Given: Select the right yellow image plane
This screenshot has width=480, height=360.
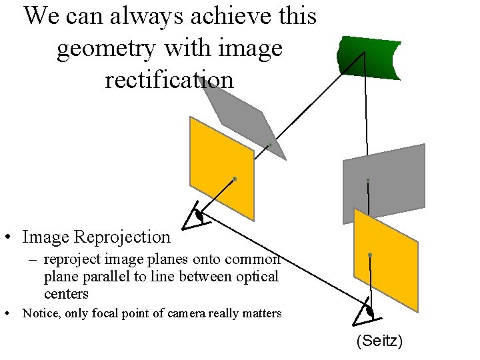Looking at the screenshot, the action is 385,260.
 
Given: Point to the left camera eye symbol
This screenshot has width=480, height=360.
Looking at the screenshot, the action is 198,216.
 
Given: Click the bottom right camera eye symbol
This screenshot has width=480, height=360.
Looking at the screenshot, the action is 369,311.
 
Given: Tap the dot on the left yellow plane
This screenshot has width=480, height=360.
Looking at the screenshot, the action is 235,179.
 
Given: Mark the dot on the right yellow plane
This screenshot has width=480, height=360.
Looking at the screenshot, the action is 370,255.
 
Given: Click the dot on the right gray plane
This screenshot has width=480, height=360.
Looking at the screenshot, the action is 367,180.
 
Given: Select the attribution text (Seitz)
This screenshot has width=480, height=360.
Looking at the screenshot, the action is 379,341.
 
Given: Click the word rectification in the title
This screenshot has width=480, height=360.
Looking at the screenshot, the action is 169,79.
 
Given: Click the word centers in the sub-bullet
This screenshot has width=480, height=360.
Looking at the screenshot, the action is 66,293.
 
